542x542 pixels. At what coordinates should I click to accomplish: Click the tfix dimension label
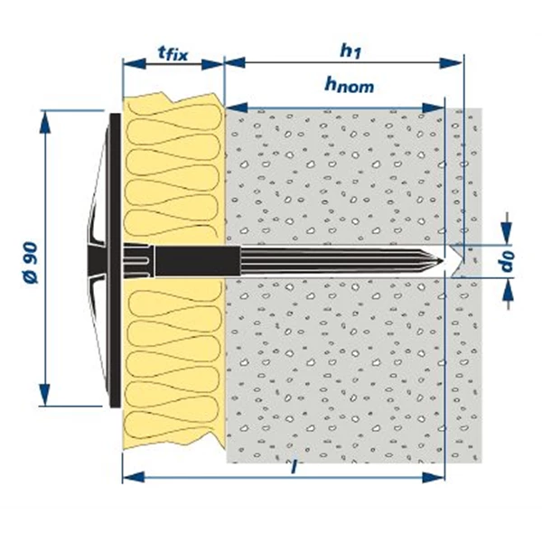(173, 53)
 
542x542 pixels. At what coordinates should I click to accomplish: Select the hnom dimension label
(348, 87)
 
